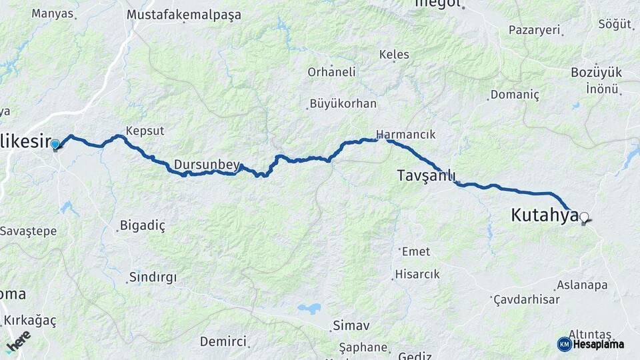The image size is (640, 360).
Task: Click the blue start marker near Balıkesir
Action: (55, 144)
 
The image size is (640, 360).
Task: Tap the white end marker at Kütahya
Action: (585, 217)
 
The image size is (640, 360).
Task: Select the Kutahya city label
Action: (543, 215)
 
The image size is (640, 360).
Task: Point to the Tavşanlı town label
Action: (426, 176)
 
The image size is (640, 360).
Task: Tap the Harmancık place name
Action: (405, 134)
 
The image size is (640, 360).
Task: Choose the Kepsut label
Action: (145, 131)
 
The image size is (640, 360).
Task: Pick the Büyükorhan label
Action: (344, 104)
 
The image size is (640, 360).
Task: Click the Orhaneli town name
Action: (331, 72)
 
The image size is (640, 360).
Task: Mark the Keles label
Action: (394, 55)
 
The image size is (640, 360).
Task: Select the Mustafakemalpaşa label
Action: (183, 14)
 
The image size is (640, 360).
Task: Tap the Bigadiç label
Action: (141, 225)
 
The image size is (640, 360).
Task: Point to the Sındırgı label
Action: (152, 277)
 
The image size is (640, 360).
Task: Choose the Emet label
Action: (416, 251)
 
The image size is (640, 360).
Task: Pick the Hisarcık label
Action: (417, 274)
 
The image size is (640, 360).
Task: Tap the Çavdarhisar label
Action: (527, 299)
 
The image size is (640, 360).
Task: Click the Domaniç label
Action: (514, 95)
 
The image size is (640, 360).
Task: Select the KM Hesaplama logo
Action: (591, 344)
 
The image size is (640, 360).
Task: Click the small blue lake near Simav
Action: (309, 309)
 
